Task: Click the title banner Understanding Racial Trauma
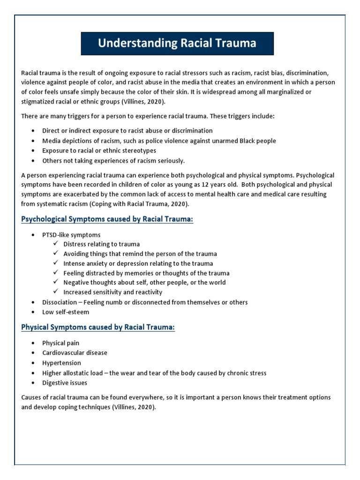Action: [x=177, y=44]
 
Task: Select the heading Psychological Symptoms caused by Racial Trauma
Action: [x=107, y=219]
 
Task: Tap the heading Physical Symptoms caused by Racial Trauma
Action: [x=98, y=327]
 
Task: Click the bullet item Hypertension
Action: [x=61, y=363]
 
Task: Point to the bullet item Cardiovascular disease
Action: [x=75, y=352]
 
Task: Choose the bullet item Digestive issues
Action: [x=65, y=383]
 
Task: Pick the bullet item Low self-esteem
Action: [x=66, y=312]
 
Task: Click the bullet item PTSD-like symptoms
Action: [x=71, y=234]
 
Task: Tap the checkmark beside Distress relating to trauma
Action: [x=56, y=244]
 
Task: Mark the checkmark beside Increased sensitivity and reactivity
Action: [x=56, y=292]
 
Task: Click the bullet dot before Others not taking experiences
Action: [x=33, y=161]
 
